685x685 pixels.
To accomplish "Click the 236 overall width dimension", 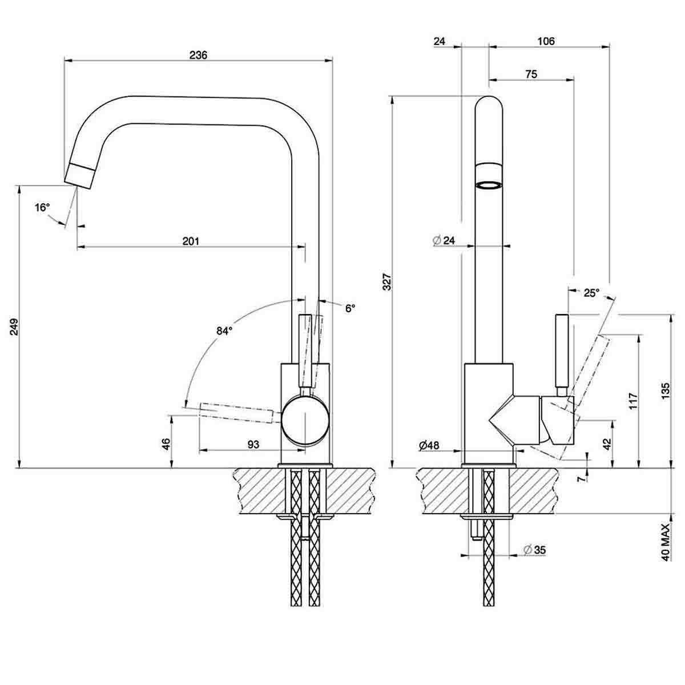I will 198,55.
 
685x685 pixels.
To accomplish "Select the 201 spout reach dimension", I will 191,241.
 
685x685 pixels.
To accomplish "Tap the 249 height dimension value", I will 15,327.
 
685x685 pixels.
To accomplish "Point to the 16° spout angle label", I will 42,207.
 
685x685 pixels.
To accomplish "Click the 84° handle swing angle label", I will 224,331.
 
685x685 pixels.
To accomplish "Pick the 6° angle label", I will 350,308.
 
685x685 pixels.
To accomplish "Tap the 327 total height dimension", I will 386,282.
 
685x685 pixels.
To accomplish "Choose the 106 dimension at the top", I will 546,41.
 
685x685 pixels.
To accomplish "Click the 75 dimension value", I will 530,74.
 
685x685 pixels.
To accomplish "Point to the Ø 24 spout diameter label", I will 444,240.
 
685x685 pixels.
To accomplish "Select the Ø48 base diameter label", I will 429,445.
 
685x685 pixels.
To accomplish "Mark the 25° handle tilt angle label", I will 591,293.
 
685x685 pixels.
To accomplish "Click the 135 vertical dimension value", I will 666,391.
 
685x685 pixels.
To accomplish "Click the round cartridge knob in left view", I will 305,420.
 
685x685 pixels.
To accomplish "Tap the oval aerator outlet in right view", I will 489,185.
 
